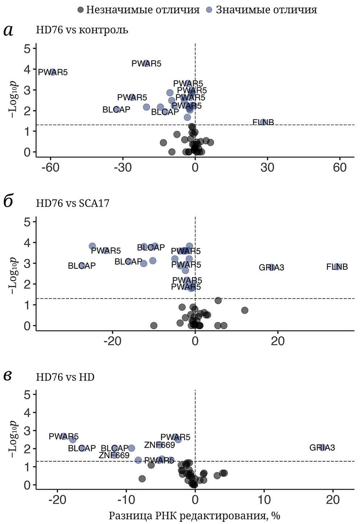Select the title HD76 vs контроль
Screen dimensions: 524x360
pyautogui.click(x=82, y=30)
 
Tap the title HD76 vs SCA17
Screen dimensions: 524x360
pyautogui.click(x=73, y=203)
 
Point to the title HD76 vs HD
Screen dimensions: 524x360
pyautogui.click(x=65, y=377)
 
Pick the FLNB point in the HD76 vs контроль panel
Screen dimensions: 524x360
pyautogui.click(x=263, y=122)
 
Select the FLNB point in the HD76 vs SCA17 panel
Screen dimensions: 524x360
pyautogui.click(x=337, y=267)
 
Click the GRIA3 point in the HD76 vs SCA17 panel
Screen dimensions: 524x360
pyautogui.click(x=271, y=267)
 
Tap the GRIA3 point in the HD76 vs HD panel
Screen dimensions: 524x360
pyautogui.click(x=322, y=447)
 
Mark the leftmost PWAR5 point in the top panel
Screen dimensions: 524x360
pyautogui.click(x=53, y=72)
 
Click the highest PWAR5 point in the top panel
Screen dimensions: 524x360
pyautogui.click(x=147, y=63)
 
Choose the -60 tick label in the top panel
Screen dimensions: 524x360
pyautogui.click(x=50, y=168)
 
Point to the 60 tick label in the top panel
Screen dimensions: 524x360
pyautogui.click(x=340, y=168)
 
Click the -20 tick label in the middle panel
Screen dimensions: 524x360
pyautogui.click(x=112, y=341)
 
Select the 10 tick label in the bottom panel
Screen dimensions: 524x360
pyautogui.click(x=264, y=500)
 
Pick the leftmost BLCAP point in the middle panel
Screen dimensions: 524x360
pyautogui.click(x=82, y=266)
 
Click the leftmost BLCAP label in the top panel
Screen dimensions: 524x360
pyautogui.click(x=116, y=110)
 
